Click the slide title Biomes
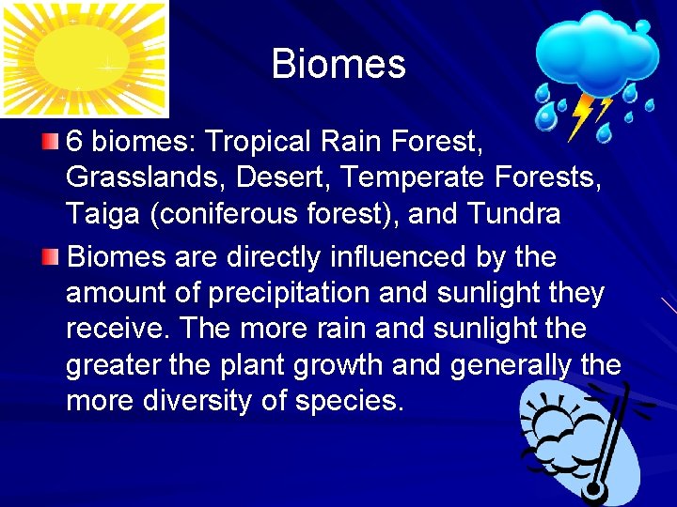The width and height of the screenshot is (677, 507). (338, 65)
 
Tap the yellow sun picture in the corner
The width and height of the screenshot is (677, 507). (84, 57)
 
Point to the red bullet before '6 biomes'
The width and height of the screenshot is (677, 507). (51, 143)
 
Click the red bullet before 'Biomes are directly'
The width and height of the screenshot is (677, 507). (51, 257)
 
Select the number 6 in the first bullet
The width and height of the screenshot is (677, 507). (75, 142)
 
